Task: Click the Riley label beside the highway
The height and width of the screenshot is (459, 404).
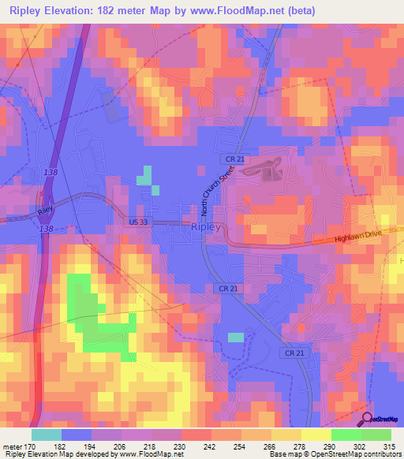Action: click(44, 211)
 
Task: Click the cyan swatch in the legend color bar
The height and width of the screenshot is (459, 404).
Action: click(46, 435)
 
